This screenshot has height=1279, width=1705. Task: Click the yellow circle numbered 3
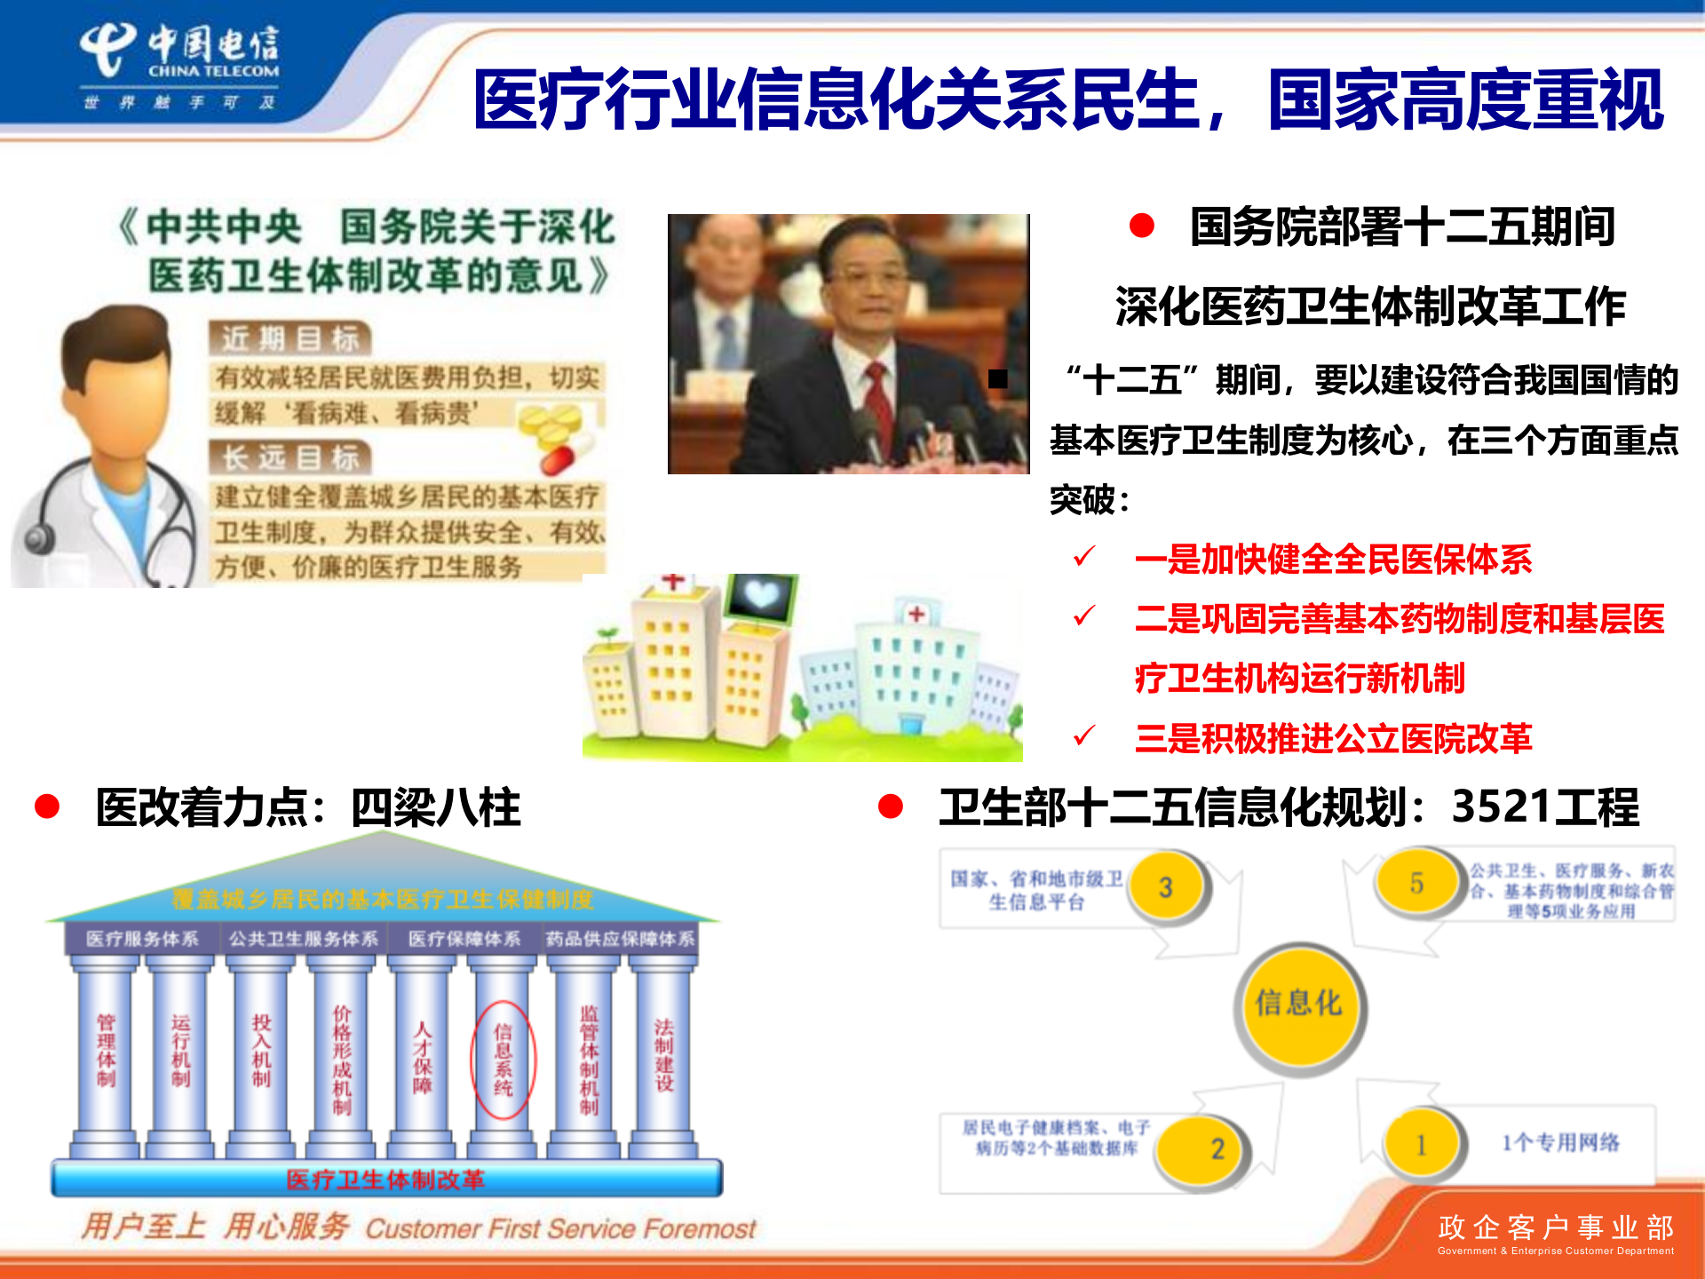click(x=1167, y=886)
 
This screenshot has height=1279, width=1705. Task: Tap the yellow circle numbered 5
click(x=1416, y=883)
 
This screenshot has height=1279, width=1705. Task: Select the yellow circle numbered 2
click(x=1217, y=1148)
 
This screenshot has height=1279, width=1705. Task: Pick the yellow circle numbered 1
click(x=1421, y=1144)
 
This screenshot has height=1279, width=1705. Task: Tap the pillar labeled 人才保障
click(x=423, y=1057)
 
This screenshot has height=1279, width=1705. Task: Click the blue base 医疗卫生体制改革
click(x=386, y=1180)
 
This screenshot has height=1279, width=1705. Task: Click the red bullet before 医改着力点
click(x=47, y=806)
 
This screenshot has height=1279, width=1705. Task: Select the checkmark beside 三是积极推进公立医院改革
click(x=1084, y=735)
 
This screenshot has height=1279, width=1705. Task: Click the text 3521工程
click(x=1544, y=806)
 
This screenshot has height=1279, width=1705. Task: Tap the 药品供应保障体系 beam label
click(x=620, y=939)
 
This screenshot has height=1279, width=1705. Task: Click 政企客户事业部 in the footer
click(x=1556, y=1227)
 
